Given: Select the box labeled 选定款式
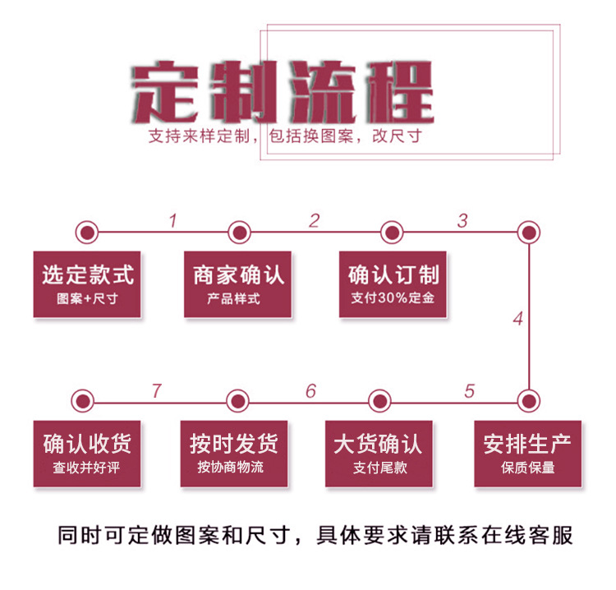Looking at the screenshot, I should (88, 283).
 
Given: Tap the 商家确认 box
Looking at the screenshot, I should (238, 283).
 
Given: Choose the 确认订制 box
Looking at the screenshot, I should (393, 283).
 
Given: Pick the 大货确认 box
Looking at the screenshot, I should (379, 454).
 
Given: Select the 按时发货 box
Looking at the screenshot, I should (234, 454).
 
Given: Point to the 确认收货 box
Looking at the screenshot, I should (87, 454).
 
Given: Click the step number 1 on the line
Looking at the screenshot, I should (172, 221).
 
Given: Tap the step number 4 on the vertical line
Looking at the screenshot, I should (517, 319).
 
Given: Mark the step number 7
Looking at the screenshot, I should (156, 391).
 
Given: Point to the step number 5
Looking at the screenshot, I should (469, 391).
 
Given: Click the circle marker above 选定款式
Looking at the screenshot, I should (86, 233).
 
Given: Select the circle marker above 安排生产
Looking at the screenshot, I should (529, 401).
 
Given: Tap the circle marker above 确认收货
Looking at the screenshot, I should (82, 401).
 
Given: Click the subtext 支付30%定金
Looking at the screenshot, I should (393, 298).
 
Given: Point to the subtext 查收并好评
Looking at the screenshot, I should (87, 468).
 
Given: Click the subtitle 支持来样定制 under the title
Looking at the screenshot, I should (198, 136).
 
